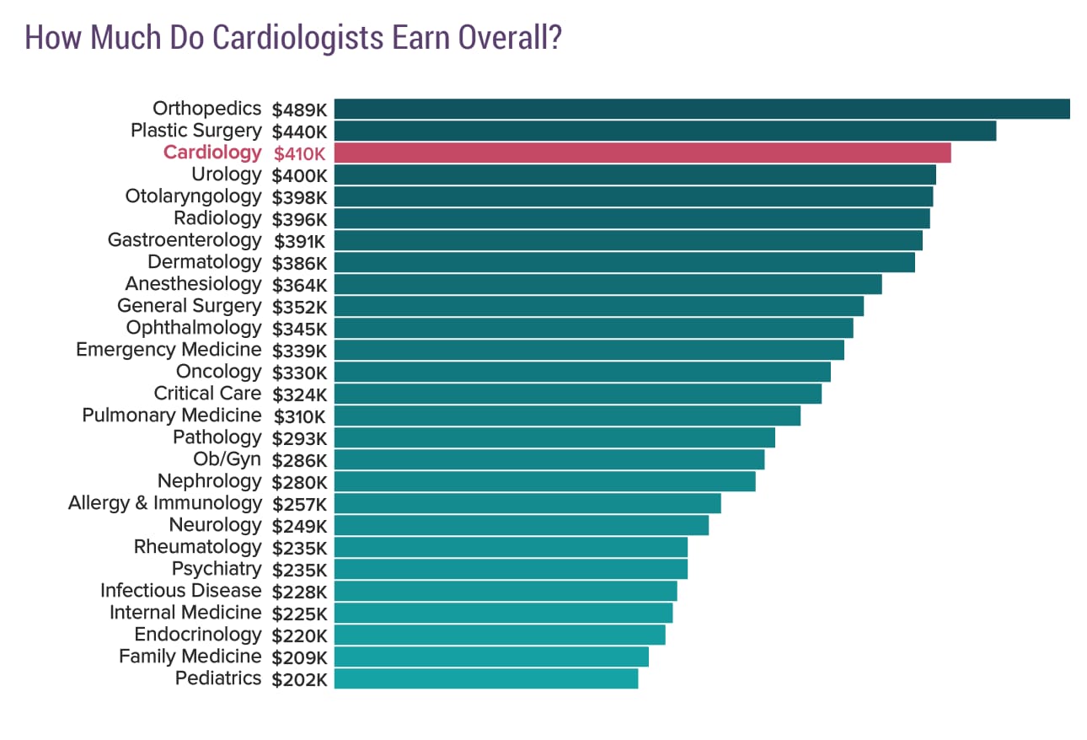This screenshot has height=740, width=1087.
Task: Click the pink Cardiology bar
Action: click(642, 153)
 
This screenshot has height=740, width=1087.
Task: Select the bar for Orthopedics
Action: click(701, 109)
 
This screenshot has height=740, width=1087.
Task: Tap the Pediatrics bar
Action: click(486, 678)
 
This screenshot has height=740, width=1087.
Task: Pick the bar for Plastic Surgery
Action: click(665, 131)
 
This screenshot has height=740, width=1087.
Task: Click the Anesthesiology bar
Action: click(608, 284)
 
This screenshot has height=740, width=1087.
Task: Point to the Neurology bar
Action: click(521, 525)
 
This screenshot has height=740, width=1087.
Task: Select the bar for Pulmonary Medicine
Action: click(567, 416)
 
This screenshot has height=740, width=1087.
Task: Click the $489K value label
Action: click(299, 110)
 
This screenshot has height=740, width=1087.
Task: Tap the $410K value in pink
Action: click(299, 153)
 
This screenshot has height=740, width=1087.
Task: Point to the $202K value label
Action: click(299, 679)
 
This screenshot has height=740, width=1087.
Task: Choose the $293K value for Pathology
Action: click(299, 438)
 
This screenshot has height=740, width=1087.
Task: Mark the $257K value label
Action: click(299, 504)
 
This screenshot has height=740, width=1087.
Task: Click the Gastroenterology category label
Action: click(185, 240)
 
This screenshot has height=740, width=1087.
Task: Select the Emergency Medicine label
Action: click(169, 350)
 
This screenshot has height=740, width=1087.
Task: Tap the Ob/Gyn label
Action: click(227, 459)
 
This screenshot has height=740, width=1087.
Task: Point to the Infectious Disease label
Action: click(180, 591)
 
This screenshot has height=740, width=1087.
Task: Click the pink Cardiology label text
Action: click(212, 153)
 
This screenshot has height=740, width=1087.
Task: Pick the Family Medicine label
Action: click(190, 657)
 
